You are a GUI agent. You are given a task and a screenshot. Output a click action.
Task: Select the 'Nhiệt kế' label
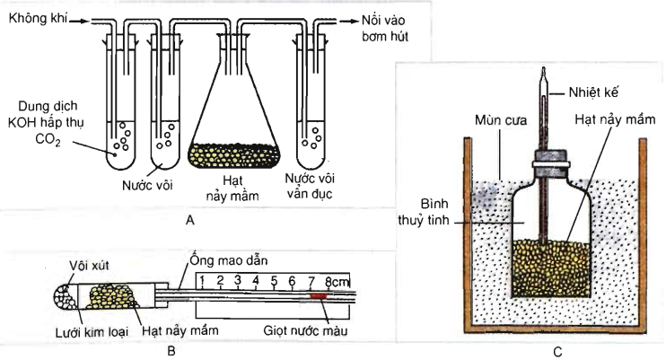595,91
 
